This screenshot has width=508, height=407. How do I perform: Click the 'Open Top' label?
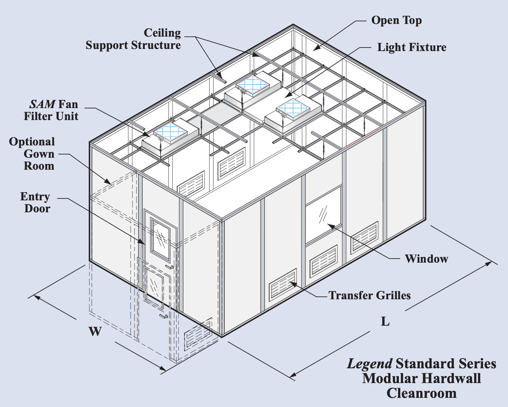[396, 21]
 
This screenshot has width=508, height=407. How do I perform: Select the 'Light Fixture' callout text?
[411, 48]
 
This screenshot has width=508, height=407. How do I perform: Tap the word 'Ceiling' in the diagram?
[162, 33]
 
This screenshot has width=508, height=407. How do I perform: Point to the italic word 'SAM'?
[42, 104]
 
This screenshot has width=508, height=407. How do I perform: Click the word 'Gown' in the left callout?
[39, 154]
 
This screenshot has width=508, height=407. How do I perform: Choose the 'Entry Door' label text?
[36, 202]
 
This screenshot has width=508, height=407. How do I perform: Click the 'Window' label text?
[426, 259]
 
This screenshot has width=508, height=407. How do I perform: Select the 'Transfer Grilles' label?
[370, 295]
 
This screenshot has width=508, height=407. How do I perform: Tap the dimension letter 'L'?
[385, 321]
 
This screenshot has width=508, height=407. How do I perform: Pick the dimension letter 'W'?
[95, 331]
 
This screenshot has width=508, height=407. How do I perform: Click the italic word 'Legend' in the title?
[370, 364]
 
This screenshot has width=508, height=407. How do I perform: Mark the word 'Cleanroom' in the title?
[421, 393]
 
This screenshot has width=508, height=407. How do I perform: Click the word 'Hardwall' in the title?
[452, 378]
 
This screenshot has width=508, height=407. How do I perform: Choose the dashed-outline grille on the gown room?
[199, 333]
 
